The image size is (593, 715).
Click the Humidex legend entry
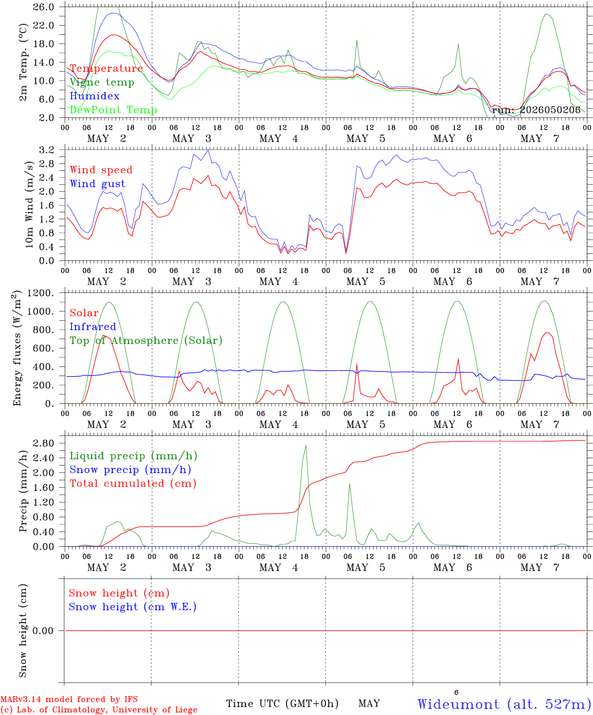tap(94, 96)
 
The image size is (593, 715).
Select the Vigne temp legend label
tap(102, 82)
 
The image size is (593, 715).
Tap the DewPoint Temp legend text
tap(113, 110)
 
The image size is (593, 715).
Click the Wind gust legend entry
tap(98, 184)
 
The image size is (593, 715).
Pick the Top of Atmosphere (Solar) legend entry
tap(147, 341)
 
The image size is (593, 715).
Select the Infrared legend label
tap(93, 327)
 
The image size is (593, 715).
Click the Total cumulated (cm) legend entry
tap(133, 484)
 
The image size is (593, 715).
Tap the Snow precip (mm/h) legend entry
tap(130, 470)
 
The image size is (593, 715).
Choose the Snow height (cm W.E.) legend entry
tap(133, 607)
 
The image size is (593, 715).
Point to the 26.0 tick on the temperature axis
tap(44, 7)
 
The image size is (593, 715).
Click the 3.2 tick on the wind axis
tap(47, 150)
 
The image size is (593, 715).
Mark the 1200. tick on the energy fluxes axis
tap(41, 293)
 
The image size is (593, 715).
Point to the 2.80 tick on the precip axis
tap(44, 443)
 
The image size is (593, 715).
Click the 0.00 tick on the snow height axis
tap(43, 631)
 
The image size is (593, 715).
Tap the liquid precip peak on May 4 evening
tap(306, 445)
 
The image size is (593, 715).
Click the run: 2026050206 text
tap(536, 110)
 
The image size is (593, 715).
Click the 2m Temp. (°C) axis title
tap(23, 63)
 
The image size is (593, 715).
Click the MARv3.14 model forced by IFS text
tap(69, 699)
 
